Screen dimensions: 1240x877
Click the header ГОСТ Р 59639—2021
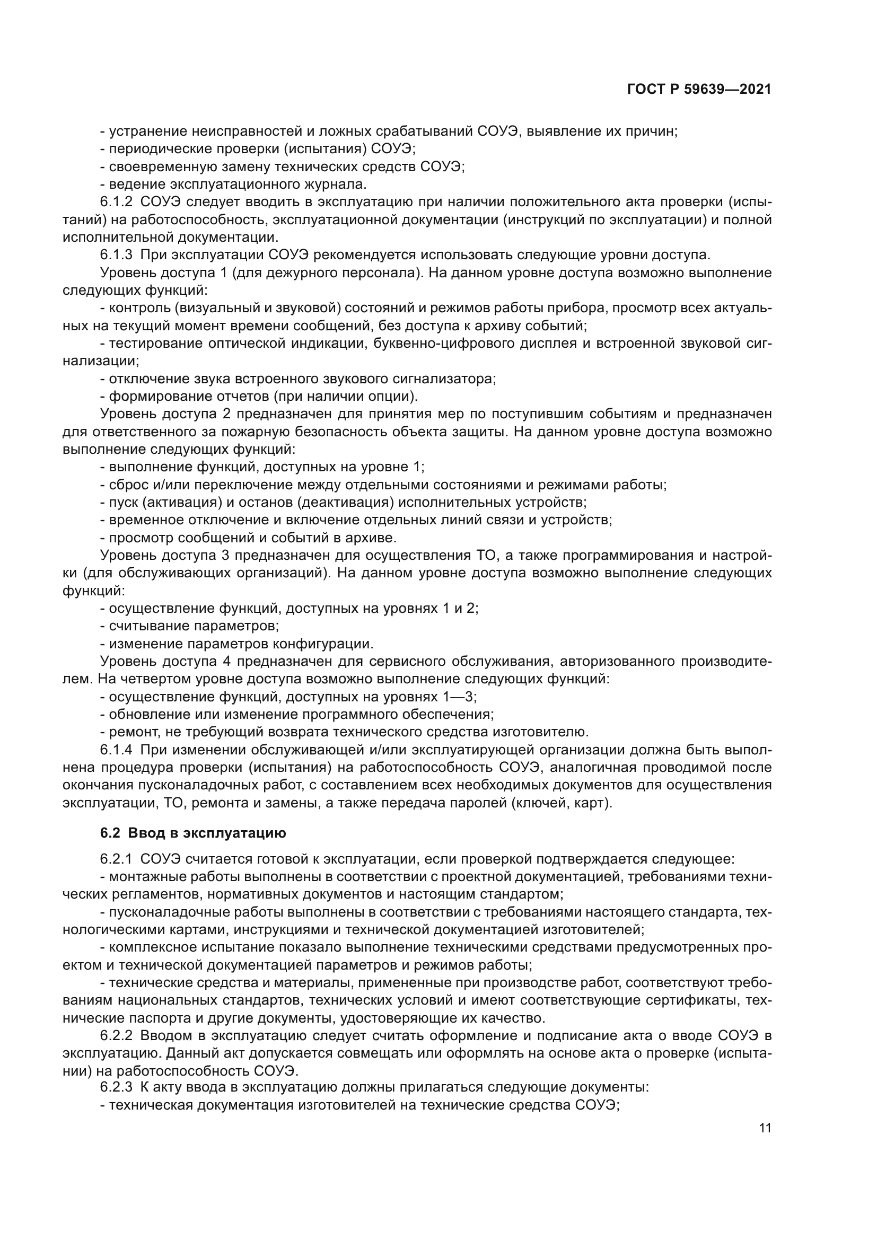click(699, 90)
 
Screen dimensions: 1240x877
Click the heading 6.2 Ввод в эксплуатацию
click(193, 833)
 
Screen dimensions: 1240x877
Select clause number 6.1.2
click(116, 203)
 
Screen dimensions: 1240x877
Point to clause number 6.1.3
click(116, 255)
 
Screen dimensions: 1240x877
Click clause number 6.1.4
click(116, 750)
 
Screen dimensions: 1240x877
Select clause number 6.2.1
click(116, 859)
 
